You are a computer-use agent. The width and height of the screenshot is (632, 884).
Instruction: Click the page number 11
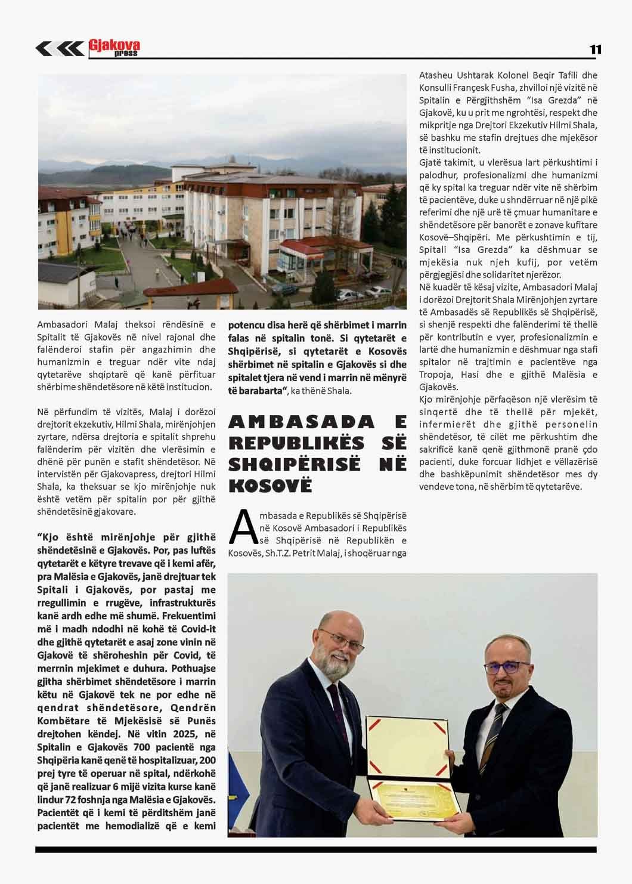(595, 50)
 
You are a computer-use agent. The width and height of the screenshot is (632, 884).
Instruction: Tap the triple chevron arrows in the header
(59, 48)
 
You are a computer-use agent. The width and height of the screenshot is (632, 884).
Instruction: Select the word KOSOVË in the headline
(270, 485)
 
